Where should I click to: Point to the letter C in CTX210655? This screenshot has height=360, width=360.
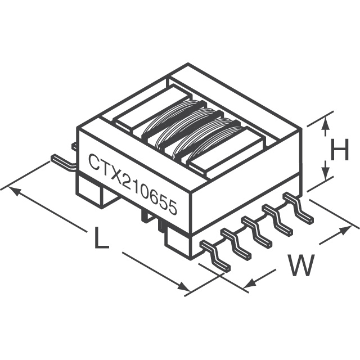(93, 162)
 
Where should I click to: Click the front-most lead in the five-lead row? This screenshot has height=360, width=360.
(217, 255)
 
